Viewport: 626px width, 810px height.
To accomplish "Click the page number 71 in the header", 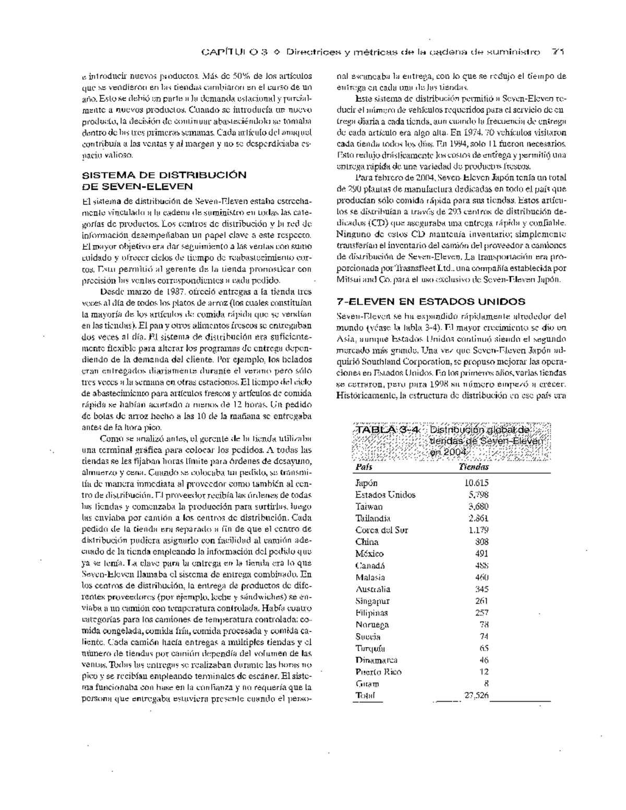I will pyautogui.click(x=559, y=52).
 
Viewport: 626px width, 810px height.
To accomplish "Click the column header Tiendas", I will pyautogui.click(x=473, y=467).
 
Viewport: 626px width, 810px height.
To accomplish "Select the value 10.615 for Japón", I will pyautogui.click(x=476, y=483).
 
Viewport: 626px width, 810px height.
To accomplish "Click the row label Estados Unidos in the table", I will pyautogui.click(x=385, y=494).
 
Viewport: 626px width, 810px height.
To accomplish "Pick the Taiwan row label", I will pyautogui.click(x=369, y=506).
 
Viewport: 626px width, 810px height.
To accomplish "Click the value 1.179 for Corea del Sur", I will pyautogui.click(x=478, y=530).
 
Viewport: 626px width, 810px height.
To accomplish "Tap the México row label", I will pyautogui.click(x=369, y=553).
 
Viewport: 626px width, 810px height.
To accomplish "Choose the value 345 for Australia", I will pyautogui.click(x=481, y=589).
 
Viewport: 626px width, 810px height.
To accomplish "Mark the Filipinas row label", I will pyautogui.click(x=371, y=613).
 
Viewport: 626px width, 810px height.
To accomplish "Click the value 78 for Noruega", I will pyautogui.click(x=484, y=625).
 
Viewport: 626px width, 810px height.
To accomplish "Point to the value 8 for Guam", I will pyautogui.click(x=486, y=684).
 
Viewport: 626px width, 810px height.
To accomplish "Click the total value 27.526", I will pyautogui.click(x=476, y=695).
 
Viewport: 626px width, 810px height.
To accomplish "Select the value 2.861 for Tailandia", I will pyautogui.click(x=478, y=518).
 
